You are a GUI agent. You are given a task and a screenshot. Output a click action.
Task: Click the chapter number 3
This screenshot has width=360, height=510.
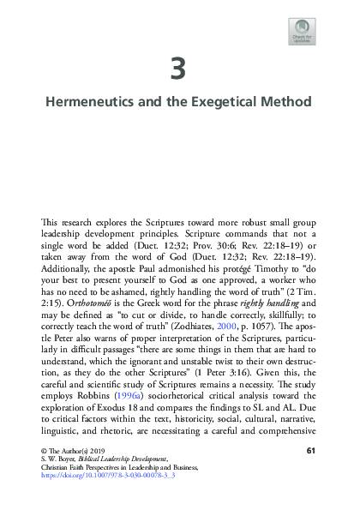[x=179, y=67]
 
